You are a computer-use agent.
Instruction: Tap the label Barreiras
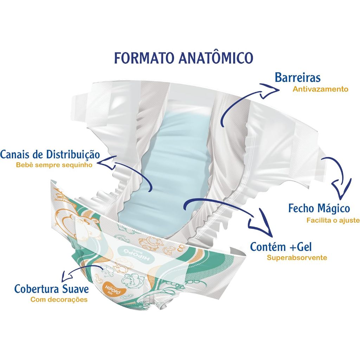[x=297, y=77]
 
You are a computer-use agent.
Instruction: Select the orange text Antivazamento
[x=320, y=89]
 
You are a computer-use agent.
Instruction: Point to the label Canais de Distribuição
[x=50, y=154]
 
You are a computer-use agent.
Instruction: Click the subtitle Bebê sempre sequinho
[x=54, y=165]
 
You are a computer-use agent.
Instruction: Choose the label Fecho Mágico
[x=319, y=208]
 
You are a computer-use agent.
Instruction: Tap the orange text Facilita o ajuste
[x=333, y=220]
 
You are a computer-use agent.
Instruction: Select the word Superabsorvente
[x=297, y=258]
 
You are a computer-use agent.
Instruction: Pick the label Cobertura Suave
[x=51, y=289]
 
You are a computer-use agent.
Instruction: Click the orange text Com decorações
[x=59, y=300]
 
